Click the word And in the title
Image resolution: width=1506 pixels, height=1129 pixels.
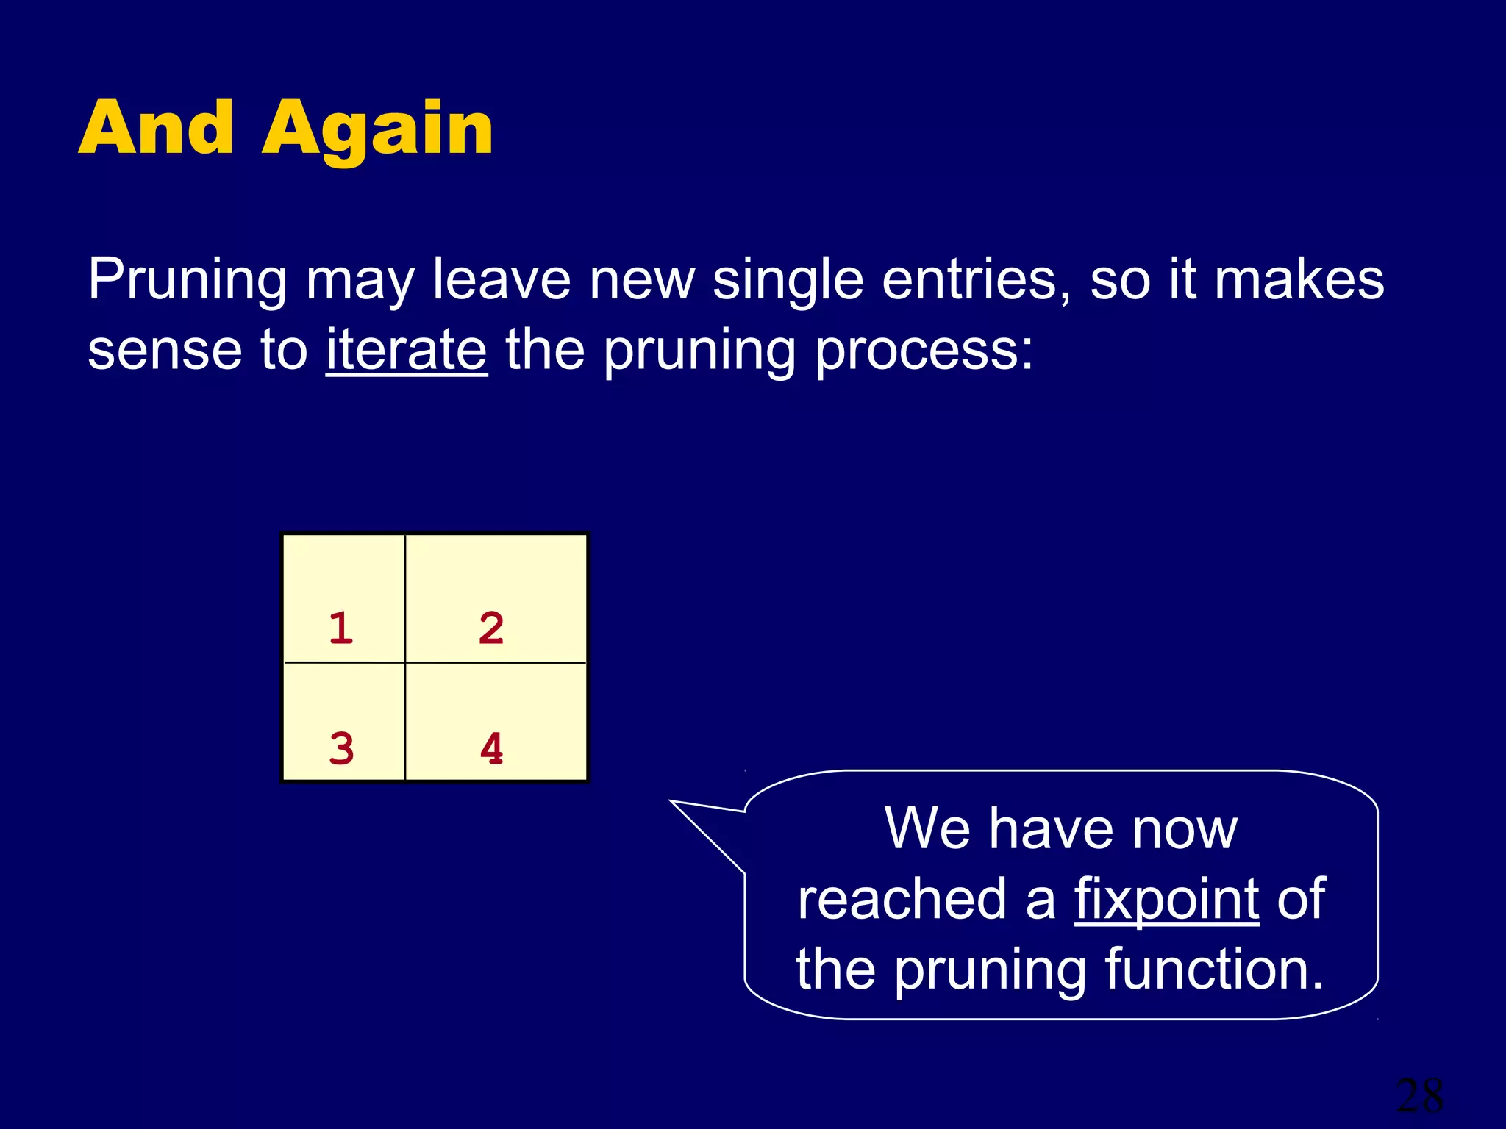tap(156, 129)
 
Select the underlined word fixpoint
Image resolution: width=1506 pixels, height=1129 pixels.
tap(1167, 899)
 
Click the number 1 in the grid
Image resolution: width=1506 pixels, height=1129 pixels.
tap(340, 628)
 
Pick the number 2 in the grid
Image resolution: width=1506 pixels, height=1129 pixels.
tap(491, 628)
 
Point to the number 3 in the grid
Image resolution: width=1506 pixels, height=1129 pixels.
tap(341, 749)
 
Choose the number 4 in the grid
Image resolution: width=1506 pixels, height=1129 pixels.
tap(491, 749)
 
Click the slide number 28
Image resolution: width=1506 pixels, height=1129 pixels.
tap(1419, 1096)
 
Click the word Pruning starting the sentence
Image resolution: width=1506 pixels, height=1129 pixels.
tap(187, 281)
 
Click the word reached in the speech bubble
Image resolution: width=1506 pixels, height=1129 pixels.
tap(902, 899)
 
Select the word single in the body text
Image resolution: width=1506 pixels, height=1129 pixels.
tap(788, 281)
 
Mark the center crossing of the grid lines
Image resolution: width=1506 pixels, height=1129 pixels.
tap(405, 662)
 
